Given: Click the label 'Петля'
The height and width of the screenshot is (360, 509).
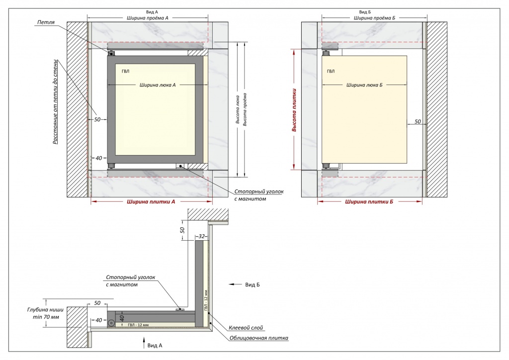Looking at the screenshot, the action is pos(46,22).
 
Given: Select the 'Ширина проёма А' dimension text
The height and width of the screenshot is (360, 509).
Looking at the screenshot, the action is pos(147,18).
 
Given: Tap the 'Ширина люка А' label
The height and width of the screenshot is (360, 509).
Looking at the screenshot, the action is pos(158,85).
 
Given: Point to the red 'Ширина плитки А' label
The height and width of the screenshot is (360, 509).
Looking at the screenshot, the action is pos(151,201).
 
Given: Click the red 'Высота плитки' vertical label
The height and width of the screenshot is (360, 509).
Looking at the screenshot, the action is pos(294,110).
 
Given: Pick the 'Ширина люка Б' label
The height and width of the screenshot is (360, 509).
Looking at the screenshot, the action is pos(364,85).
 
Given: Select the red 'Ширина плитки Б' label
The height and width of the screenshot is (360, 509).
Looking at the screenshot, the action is pos(369,201).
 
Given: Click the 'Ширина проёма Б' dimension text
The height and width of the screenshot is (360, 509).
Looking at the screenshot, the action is pos(374,18).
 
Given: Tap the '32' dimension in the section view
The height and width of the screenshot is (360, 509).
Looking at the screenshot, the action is pos(202,236).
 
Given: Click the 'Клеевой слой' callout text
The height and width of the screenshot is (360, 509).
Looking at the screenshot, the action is pos(246,328).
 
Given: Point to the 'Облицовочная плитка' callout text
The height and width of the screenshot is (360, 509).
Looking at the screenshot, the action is pos(258,338).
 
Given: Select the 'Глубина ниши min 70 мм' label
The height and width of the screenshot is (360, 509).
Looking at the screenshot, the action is pos(45,313).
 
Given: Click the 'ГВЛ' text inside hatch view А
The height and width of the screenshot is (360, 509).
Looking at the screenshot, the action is pos(125,72).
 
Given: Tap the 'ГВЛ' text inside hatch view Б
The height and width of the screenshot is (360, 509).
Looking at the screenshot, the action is pos(331,72).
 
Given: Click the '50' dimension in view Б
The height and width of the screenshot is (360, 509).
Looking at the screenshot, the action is pos(418,122).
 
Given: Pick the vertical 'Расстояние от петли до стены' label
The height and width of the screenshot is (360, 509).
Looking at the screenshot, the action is pos(56,101).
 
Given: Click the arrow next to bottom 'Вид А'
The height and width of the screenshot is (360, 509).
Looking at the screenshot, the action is pos(144,343).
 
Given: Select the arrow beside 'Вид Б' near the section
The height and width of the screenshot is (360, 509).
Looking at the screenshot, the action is pos(235,284).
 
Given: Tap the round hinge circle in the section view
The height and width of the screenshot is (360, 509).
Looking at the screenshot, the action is pos(111,323).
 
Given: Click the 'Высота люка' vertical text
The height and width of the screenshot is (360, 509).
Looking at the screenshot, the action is pos(238,109).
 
